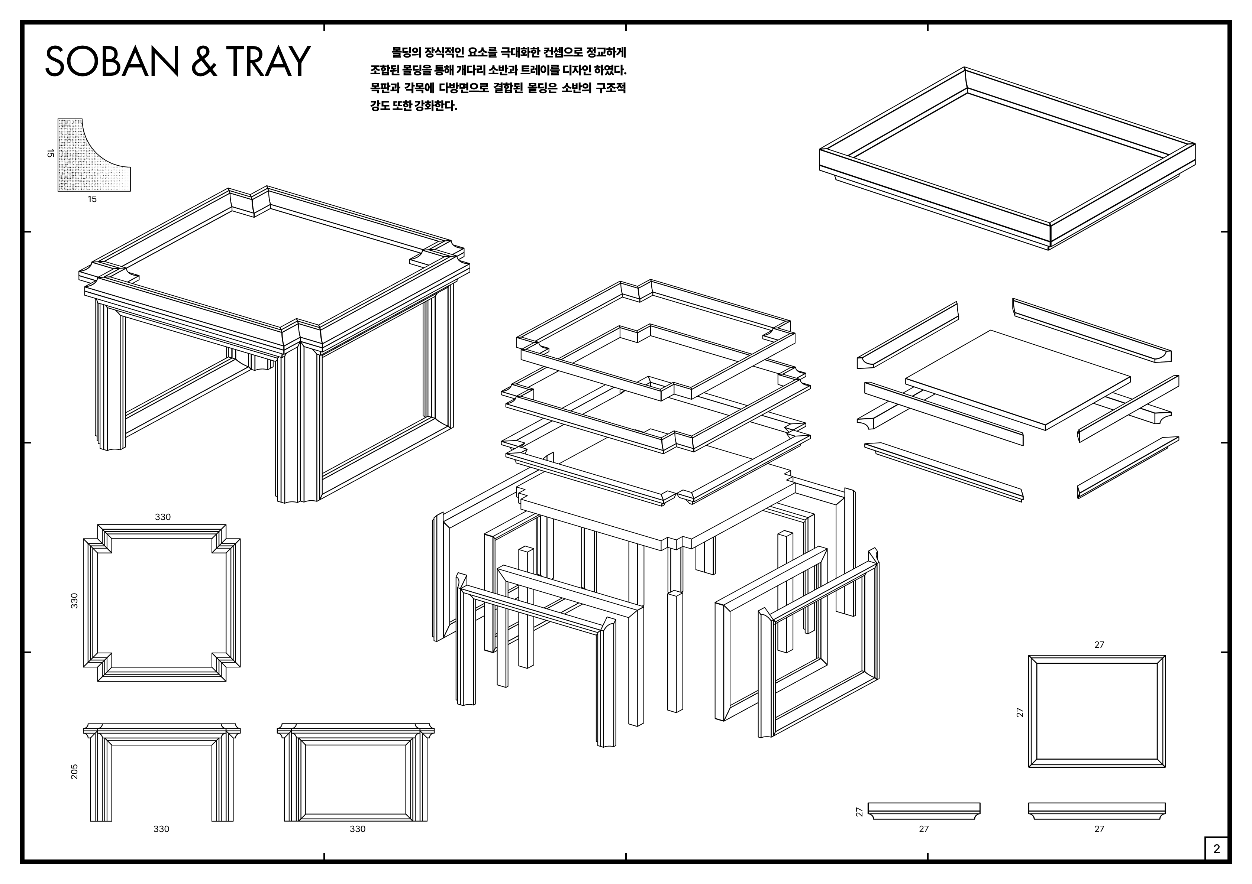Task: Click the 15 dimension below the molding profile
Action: pos(92,199)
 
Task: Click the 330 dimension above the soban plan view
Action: pos(162,517)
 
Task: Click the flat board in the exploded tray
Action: pos(1017,379)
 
